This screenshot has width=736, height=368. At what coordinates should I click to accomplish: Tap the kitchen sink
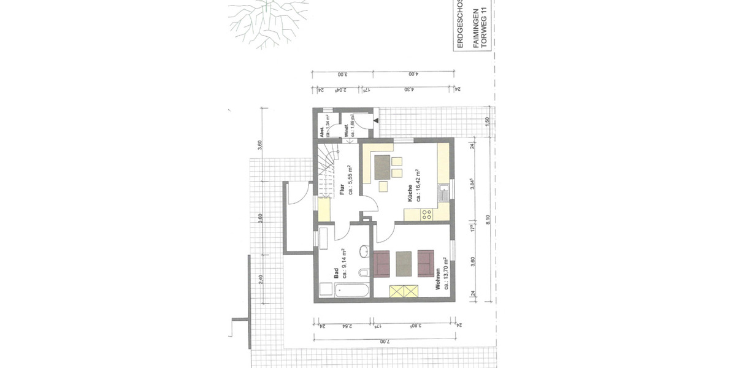443,195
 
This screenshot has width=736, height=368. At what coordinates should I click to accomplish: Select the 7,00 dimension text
383,341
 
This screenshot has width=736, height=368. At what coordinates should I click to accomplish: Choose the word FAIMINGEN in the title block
473,28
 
